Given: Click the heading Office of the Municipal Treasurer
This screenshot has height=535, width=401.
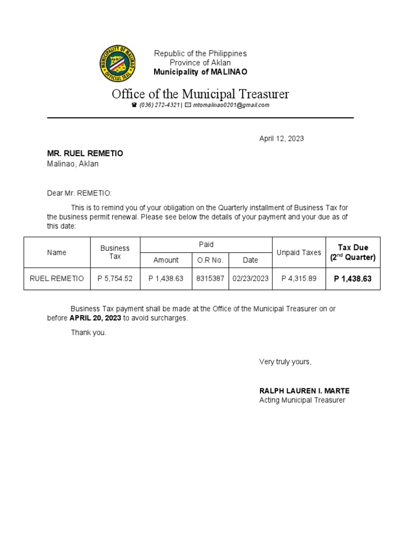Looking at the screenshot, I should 200,94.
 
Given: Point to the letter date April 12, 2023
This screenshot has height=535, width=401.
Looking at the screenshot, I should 281,139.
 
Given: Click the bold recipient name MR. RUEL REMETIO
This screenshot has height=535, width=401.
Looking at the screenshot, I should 85,153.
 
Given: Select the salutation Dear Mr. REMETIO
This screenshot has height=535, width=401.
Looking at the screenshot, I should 79,193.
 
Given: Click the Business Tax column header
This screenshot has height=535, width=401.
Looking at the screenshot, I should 115,252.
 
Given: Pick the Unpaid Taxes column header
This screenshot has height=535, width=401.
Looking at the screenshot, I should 299,252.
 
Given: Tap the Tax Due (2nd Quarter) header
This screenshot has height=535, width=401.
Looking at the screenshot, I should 353,252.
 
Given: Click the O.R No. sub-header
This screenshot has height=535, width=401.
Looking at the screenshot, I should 210,260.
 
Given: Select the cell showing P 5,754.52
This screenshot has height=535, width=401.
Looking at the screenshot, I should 115,279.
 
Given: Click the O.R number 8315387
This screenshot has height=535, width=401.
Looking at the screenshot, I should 210,279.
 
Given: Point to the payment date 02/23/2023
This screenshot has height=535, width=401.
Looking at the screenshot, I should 251,279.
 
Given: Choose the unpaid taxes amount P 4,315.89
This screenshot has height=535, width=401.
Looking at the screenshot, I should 299,279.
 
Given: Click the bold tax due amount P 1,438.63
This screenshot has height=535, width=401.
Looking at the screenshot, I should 353,279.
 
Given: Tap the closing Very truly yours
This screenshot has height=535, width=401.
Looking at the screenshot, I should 285,362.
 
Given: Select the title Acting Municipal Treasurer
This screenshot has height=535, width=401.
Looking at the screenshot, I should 302,400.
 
